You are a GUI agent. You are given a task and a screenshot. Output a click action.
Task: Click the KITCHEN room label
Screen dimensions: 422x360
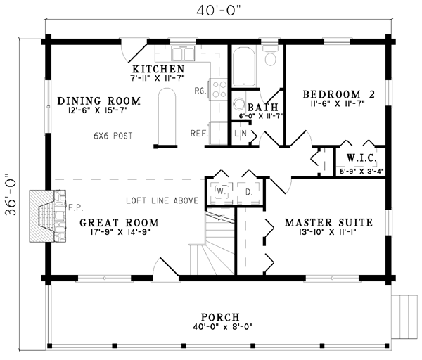pos(158,69)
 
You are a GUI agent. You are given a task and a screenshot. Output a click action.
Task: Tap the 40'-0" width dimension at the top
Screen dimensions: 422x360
pos(218,11)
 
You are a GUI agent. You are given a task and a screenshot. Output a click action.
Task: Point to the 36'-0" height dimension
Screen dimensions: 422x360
pos(11,194)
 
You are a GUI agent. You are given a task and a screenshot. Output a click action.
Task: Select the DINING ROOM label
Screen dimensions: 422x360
pos(99,101)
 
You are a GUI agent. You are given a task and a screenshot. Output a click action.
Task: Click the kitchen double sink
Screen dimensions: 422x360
pos(183,54)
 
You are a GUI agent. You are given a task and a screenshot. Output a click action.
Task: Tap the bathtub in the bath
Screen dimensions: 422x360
pos(244,67)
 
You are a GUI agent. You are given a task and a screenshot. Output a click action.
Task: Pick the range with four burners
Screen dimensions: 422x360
pos(219,89)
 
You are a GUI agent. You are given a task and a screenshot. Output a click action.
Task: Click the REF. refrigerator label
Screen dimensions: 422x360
pos(200,133)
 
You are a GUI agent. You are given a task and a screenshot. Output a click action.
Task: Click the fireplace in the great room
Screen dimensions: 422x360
pos(48,216)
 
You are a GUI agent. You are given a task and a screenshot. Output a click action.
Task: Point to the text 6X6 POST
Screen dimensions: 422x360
pos(113,136)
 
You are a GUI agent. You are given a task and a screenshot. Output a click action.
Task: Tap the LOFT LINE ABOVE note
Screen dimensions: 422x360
pos(162,200)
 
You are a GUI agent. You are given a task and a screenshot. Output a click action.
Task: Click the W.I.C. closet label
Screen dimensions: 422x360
pos(362,158)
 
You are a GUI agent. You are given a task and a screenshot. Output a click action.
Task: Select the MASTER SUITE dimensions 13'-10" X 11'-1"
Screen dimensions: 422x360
pos(328,231)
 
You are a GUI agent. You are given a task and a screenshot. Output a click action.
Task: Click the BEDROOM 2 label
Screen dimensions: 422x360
pos(339,94)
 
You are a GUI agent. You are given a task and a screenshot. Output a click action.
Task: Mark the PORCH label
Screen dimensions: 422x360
pos(220,317)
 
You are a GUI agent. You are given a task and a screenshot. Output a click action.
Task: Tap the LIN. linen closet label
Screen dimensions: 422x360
pos(241,133)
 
